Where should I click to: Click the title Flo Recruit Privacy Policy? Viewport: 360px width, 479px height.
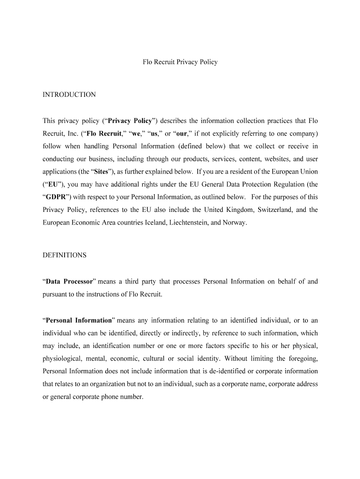(180, 62)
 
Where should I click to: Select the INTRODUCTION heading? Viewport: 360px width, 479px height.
(69, 94)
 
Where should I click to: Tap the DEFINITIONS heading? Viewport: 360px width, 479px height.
(65, 255)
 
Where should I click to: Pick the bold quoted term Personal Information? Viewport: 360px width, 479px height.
(78, 320)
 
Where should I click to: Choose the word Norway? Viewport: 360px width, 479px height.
(234, 223)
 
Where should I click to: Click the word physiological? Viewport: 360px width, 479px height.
(62, 359)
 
